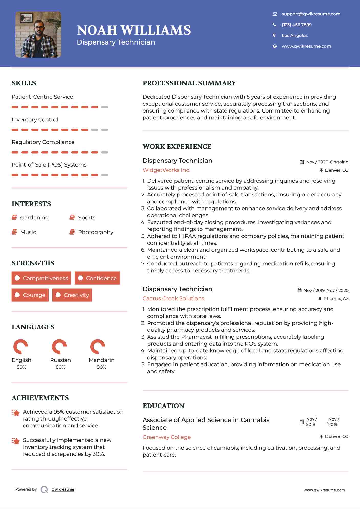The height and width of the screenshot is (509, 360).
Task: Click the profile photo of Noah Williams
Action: pos(38,35)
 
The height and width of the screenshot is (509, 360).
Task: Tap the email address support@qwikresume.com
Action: pos(311,14)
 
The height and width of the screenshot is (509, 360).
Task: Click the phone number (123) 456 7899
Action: pos(297,25)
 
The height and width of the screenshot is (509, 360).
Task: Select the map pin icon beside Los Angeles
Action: pos(275,36)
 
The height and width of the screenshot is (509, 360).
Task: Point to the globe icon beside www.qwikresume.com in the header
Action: pos(275,46)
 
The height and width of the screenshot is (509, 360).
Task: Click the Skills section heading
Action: pos(24,83)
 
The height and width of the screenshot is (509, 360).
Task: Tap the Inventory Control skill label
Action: pos(35,120)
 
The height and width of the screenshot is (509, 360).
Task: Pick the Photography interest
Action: pos(95,232)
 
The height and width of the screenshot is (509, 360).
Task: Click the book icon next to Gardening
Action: pos(14,217)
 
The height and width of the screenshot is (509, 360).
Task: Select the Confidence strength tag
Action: pos(97,278)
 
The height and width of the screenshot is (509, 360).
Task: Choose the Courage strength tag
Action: pos(30,295)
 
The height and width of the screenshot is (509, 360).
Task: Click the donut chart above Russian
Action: pos(59,347)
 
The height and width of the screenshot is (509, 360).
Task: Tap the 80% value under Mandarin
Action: pos(101,367)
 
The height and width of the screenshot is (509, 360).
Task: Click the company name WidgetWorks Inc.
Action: pos(166,170)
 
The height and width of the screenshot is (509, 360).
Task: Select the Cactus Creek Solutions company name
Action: pos(173,298)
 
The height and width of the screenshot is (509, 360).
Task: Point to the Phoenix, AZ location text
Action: pos(336,298)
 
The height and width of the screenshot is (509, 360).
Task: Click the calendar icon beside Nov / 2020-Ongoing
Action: pos(302,162)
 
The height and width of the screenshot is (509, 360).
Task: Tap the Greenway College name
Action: pos(167,437)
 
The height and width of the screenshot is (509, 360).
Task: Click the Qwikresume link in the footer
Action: pos(63,489)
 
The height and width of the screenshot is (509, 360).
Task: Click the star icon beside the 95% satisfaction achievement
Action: pos(16,413)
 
